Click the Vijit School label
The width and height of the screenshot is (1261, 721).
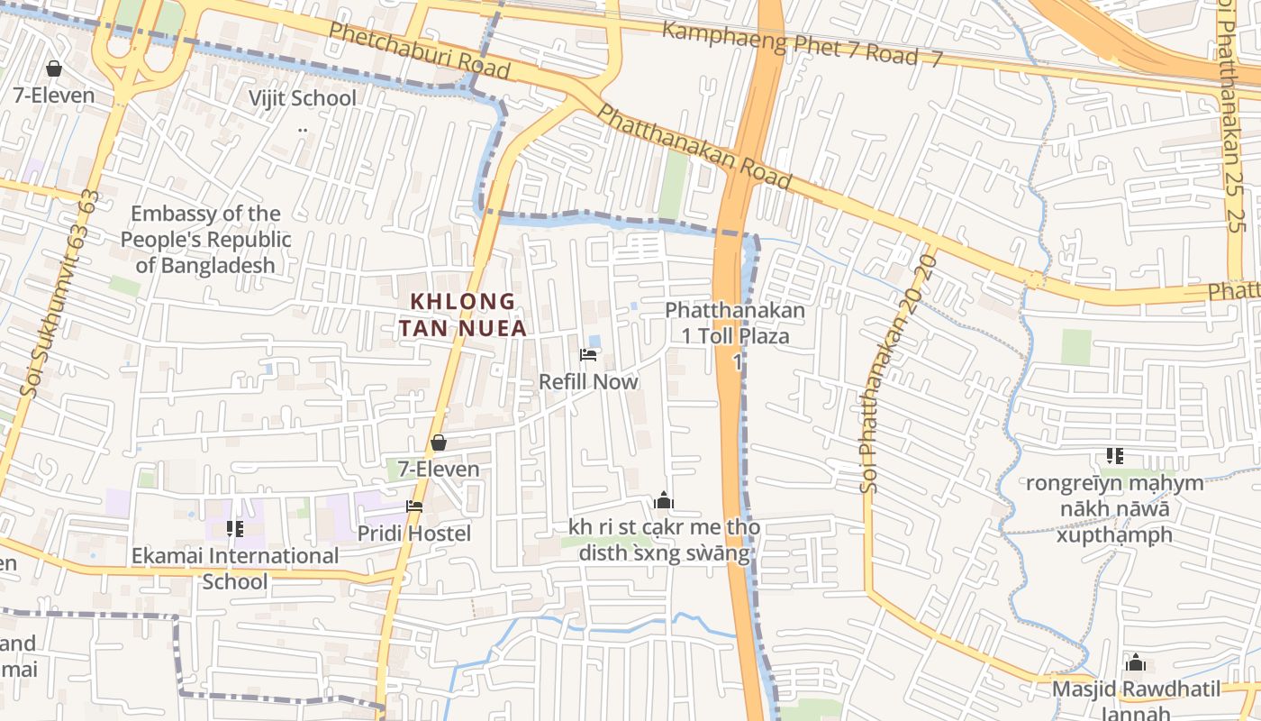pyautogui.click(x=302, y=98)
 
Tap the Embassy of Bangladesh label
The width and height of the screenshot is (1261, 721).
pyautogui.click(x=205, y=239)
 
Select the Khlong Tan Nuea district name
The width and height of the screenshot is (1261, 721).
pyautogui.click(x=463, y=315)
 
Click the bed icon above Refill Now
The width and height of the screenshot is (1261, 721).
pyautogui.click(x=588, y=355)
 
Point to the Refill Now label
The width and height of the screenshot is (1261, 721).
pyautogui.click(x=588, y=381)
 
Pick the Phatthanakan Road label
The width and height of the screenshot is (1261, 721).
pyautogui.click(x=694, y=147)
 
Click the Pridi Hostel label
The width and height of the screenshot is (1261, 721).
pyautogui.click(x=414, y=534)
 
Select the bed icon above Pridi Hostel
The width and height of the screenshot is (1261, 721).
pyautogui.click(x=414, y=507)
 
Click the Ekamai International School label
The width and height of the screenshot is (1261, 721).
pyautogui.click(x=235, y=568)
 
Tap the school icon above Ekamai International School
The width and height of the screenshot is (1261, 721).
pyautogui.click(x=235, y=529)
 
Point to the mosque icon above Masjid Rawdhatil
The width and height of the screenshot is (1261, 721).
pyautogui.click(x=1136, y=663)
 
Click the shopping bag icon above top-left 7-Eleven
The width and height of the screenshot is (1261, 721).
pyautogui.click(x=54, y=68)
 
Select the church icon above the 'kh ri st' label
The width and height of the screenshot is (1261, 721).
pyautogui.click(x=664, y=501)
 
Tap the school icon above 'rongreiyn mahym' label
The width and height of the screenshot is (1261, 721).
pyautogui.click(x=1115, y=456)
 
